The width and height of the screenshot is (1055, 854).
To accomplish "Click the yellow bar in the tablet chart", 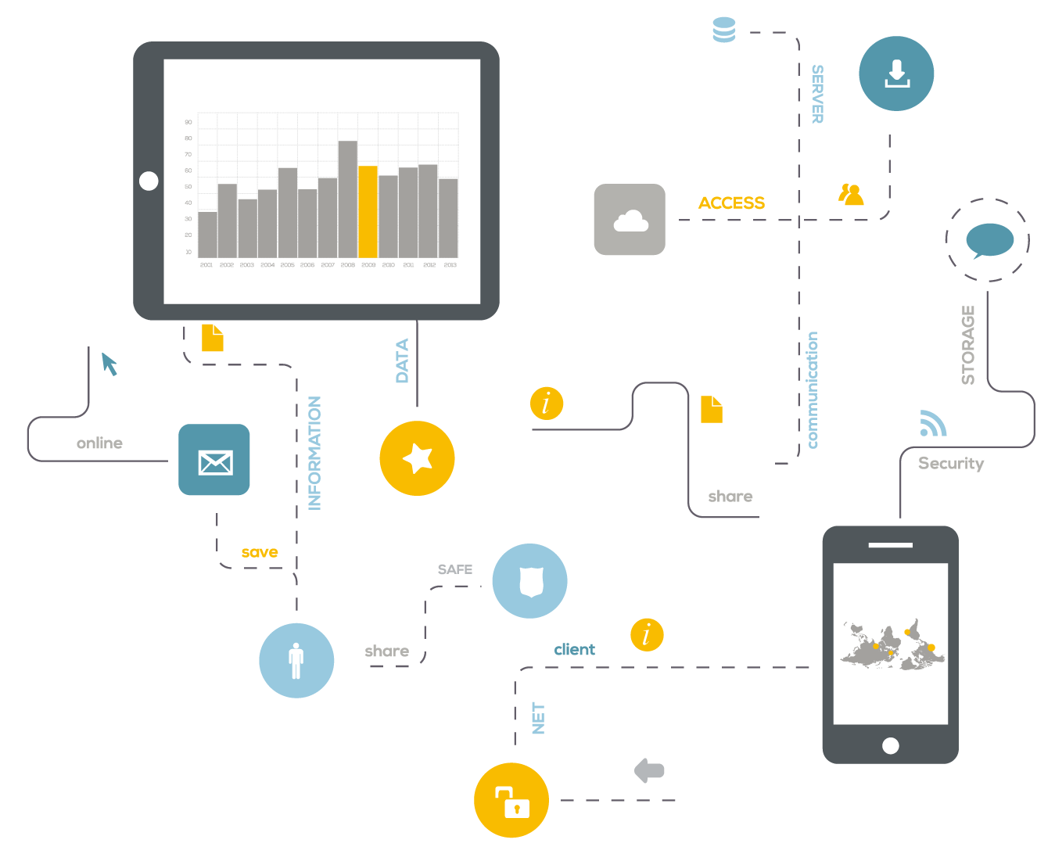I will point(368,211).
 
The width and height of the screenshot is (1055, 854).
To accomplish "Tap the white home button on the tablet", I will point(149,181).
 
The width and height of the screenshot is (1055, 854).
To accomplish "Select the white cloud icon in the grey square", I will point(630,221).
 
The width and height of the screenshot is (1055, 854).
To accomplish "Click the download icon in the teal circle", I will point(896,74).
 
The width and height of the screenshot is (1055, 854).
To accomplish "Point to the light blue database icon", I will point(724,30).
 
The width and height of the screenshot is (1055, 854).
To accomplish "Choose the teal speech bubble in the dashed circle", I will point(989,240).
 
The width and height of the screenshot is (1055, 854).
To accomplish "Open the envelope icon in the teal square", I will point(214,461).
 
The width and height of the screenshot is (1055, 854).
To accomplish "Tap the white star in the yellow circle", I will point(418,458).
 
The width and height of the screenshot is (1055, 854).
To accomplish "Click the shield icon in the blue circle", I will point(530,581).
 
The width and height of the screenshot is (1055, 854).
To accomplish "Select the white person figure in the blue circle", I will point(296,661).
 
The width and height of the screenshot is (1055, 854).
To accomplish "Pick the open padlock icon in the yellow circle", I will point(512,801).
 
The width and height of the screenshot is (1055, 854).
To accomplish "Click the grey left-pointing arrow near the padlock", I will point(649,770).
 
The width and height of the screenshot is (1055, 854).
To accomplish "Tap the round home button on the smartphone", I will point(890,745).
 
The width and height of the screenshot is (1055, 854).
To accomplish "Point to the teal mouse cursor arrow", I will point(109,364).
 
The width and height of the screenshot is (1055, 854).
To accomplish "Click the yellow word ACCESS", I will point(731,203).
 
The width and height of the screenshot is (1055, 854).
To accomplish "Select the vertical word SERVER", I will point(817,94).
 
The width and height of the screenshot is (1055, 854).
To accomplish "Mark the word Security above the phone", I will point(951,463).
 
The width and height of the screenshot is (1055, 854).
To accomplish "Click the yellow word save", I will point(260,552).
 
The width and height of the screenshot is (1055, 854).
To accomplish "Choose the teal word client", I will point(575,649).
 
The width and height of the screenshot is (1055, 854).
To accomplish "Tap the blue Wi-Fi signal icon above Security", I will point(932,423).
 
